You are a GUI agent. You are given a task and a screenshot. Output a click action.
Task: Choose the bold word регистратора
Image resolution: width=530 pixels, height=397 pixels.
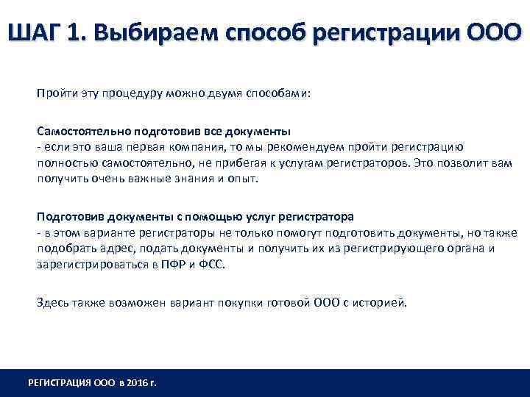[x=317, y=217]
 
